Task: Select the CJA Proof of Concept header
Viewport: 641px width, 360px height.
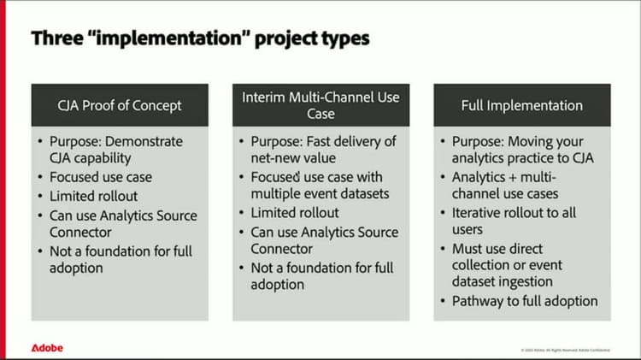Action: click(x=120, y=105)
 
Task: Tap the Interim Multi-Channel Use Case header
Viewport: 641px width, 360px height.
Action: click(x=320, y=105)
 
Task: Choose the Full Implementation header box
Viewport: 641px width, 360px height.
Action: click(x=521, y=105)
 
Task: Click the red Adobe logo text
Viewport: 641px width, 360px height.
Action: click(x=47, y=348)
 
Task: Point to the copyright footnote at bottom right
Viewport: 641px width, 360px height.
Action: click(x=564, y=350)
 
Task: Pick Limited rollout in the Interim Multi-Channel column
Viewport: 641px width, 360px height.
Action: click(x=294, y=212)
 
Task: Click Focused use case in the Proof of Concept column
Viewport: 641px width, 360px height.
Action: click(x=100, y=177)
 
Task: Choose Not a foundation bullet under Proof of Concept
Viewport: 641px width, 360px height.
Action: click(x=120, y=258)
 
